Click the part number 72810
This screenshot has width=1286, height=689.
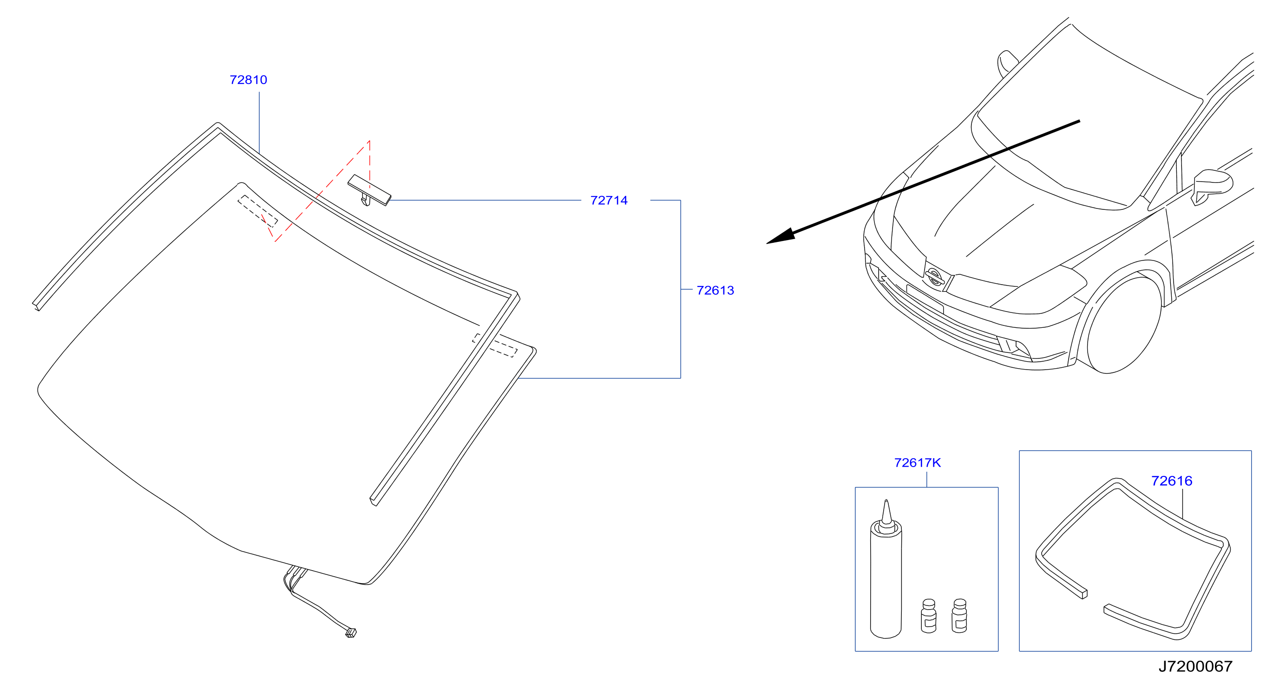point(248,80)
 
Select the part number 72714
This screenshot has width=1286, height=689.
point(609,201)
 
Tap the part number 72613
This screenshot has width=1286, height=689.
point(715,290)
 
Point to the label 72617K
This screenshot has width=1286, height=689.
point(918,463)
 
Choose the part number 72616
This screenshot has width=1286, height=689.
point(1172,481)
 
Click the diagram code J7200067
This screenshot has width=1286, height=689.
point(1196,667)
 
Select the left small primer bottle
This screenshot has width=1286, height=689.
point(929,616)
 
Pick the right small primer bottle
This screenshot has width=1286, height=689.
point(959,616)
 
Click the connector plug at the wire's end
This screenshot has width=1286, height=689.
point(351,633)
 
